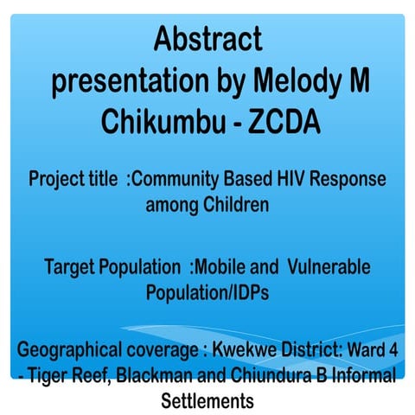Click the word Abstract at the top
click(207, 40)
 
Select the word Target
click(71, 266)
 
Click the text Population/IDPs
click(207, 291)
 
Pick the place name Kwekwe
click(239, 353)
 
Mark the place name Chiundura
click(265, 377)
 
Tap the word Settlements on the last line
click(207, 401)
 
